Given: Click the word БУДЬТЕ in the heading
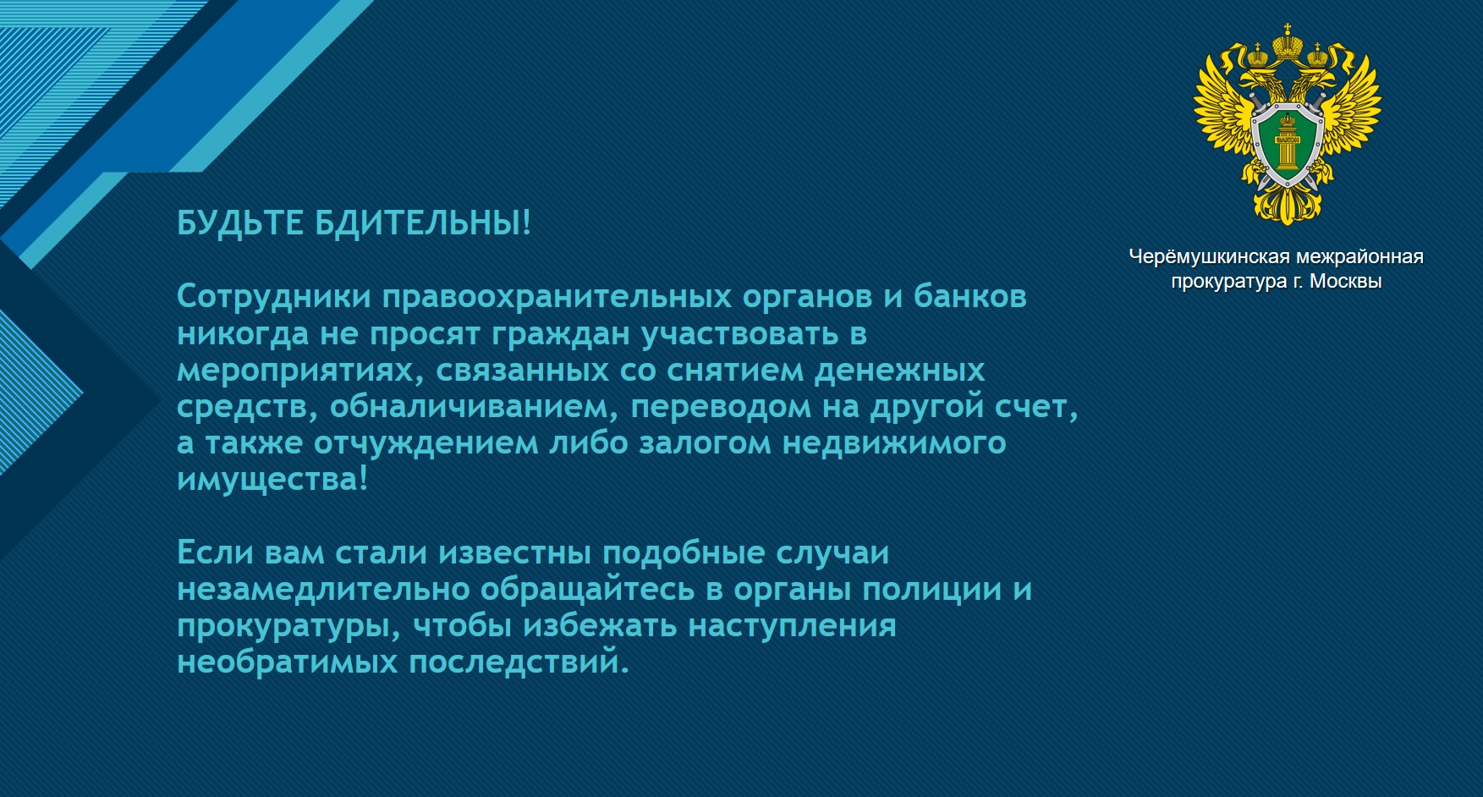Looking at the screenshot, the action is click(240, 224).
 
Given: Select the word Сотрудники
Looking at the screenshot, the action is click(274, 298).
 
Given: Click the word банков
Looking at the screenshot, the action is click(970, 297).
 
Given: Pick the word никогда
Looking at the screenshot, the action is click(243, 334).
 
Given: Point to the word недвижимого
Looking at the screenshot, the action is click(893, 444).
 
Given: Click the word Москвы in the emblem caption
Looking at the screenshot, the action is click(1345, 283).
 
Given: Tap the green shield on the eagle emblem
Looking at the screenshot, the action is click(1287, 144).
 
